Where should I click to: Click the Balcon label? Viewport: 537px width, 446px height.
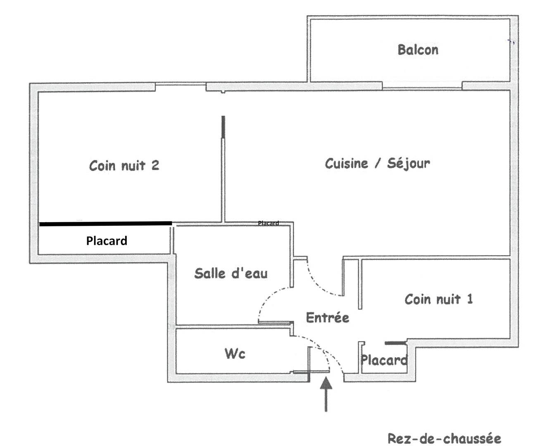point(418,50)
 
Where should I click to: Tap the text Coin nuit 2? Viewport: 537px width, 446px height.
point(124,166)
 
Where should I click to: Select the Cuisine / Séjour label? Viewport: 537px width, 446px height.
point(377,164)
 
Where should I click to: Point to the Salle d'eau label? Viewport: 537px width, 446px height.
point(231,273)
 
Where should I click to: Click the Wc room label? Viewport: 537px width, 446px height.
point(235,353)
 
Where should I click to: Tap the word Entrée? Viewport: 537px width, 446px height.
point(327,318)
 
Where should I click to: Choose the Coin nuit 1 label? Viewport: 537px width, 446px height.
point(438,299)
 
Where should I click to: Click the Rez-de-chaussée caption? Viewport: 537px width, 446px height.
point(444,438)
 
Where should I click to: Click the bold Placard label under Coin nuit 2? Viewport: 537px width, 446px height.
point(107,241)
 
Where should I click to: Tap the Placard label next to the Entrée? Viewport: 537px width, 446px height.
point(383,360)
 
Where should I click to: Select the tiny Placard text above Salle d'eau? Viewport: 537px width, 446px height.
point(268,223)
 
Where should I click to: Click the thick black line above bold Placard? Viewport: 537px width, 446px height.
point(105,224)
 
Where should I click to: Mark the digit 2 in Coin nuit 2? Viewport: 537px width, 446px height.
point(155,166)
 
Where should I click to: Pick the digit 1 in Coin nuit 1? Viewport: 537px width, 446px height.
point(469,299)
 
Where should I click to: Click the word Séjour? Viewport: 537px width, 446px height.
point(408,164)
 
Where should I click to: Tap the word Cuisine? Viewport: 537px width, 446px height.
point(346,164)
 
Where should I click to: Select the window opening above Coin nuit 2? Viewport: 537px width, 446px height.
point(181,86)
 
